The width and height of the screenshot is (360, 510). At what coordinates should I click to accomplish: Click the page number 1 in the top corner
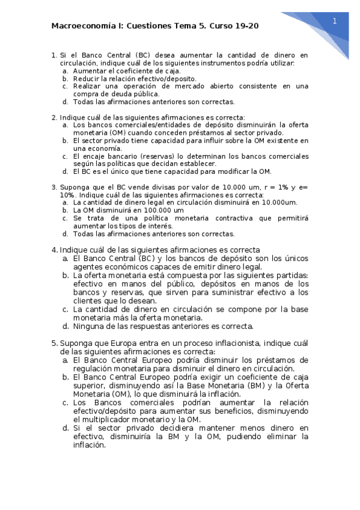334,21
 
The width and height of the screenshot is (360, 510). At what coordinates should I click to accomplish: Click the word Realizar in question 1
88,86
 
